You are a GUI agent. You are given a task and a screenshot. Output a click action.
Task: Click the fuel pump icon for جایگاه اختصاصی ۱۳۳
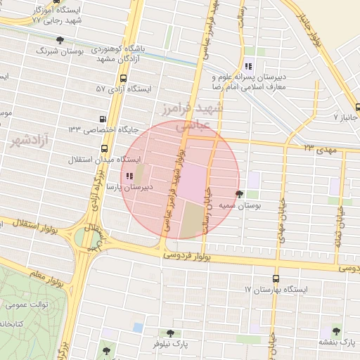pos(104,120)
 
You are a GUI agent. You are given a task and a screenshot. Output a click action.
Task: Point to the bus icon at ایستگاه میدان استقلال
pos(105,148)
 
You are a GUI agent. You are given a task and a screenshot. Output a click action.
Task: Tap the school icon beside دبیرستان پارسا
pos(129,176)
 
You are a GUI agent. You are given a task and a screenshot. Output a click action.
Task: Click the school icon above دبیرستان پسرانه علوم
pos(247,66)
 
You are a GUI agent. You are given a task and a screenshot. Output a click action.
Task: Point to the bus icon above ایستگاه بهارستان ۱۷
pos(275,278)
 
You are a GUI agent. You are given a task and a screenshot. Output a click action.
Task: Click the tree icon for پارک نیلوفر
pos(169,333)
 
